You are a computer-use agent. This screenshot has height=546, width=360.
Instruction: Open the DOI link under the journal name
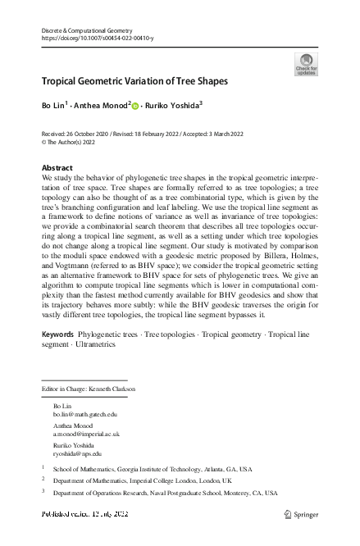click(x=97, y=39)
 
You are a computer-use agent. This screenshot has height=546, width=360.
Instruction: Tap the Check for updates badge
click(x=305, y=64)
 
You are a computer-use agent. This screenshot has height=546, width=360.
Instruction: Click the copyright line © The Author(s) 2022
click(x=72, y=141)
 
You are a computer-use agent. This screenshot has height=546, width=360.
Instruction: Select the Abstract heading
click(x=57, y=167)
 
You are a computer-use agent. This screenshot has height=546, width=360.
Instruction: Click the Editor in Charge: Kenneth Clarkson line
click(x=89, y=388)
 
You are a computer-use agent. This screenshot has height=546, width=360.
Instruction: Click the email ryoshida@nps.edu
click(x=77, y=453)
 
